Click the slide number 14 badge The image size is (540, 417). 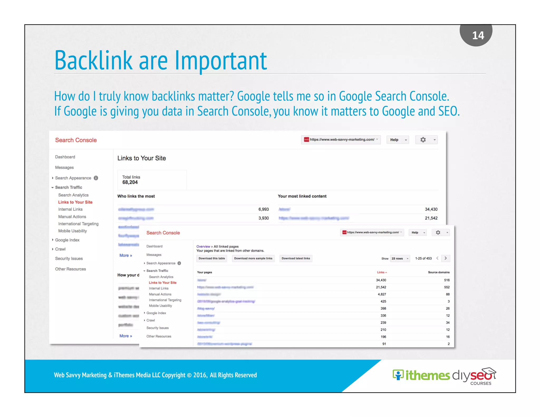tap(478, 35)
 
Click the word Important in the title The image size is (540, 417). tap(221, 61)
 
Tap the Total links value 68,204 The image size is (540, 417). tap(130, 182)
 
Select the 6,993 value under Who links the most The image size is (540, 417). tap(263, 209)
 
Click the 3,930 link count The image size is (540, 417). tap(263, 218)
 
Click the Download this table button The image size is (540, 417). tap(212, 258)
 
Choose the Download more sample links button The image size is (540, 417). tap(253, 258)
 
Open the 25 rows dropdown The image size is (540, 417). tap(400, 259)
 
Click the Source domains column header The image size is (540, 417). tap(438, 272)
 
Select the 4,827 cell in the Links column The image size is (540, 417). tap(382, 294)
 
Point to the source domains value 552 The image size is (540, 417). tap(447, 287)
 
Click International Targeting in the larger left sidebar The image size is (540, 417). tap(78, 224)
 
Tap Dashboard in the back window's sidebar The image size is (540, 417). tap(65, 157)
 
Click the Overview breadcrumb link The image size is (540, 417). tap(203, 246)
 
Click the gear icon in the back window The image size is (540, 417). tap(423, 140)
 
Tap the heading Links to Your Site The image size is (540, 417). tap(142, 158)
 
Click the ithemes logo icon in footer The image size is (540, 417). tap(398, 375)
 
